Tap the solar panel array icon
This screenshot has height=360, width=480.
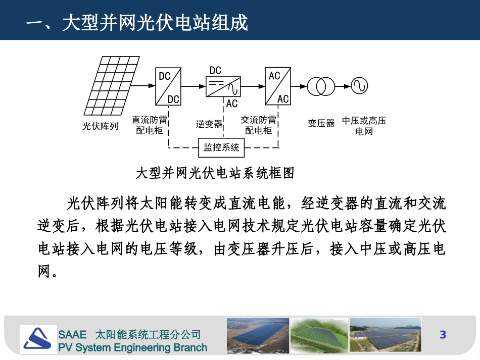(x=109, y=86)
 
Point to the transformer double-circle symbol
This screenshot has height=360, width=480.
(x=322, y=86)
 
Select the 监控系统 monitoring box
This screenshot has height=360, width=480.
(x=221, y=148)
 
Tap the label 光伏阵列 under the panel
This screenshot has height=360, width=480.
(x=100, y=126)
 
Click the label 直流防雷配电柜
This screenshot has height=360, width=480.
(x=150, y=125)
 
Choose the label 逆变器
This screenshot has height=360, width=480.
(x=209, y=124)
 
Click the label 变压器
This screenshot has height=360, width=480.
(x=321, y=123)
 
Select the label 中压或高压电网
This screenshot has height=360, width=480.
(x=364, y=126)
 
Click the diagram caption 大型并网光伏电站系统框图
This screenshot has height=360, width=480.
(x=215, y=173)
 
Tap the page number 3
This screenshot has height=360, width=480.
(x=443, y=334)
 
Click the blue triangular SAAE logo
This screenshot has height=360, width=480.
(x=38, y=339)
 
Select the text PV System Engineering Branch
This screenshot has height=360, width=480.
(x=132, y=347)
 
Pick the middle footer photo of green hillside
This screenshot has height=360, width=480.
(x=319, y=335)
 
